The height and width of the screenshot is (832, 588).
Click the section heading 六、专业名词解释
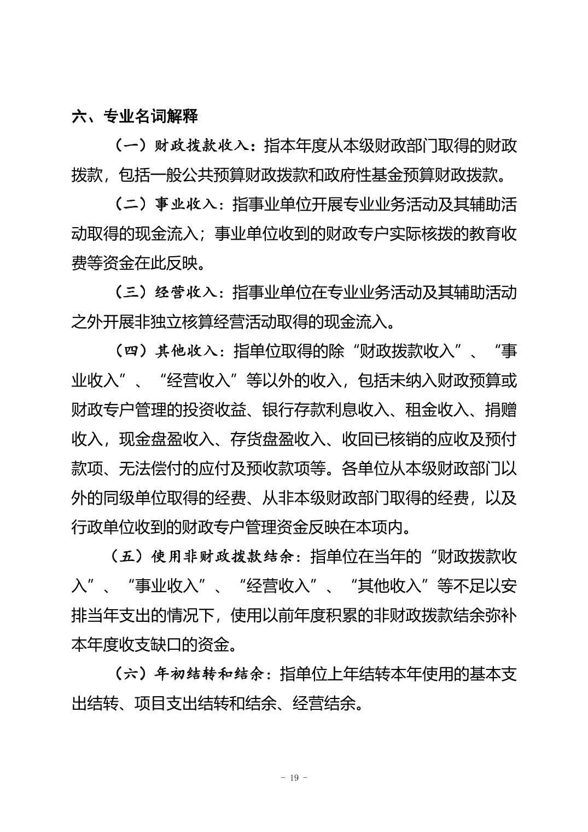coord(135,117)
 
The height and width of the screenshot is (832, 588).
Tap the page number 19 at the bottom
coord(294,778)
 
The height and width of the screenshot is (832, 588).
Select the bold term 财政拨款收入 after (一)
coord(202,146)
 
